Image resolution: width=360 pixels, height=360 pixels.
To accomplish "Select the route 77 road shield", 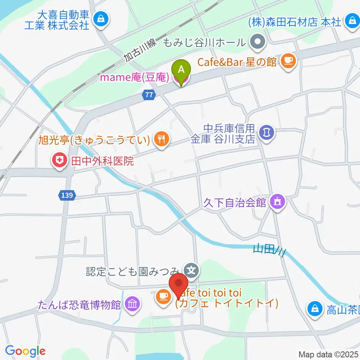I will [x=149, y=96].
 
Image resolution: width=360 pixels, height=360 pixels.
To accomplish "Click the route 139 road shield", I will [x=67, y=195].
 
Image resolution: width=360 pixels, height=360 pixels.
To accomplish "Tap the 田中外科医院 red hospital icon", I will [x=59, y=162].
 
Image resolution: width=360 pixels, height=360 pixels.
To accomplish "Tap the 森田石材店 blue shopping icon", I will [x=352, y=19].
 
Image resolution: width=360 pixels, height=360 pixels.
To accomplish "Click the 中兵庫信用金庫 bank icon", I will [x=267, y=132].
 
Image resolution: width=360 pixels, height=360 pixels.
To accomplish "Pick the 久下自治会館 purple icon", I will [x=278, y=202].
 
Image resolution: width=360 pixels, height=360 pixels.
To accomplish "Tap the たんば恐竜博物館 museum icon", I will [x=132, y=303].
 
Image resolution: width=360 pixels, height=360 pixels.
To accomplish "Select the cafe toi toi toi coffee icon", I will [x=162, y=297].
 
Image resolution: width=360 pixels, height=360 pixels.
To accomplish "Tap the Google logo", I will [x=25, y=351].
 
